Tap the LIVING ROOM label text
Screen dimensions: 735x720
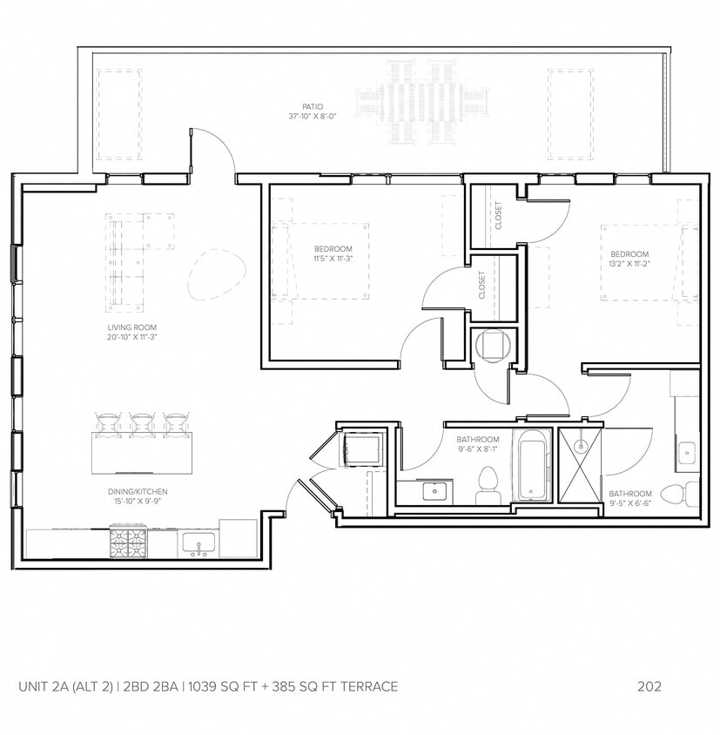point(131,327)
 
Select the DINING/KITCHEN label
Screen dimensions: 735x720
point(131,491)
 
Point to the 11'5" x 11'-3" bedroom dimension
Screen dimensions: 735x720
point(333,258)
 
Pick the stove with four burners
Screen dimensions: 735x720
point(128,543)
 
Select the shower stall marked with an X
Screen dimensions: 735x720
point(580,466)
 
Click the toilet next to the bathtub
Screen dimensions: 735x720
point(488,483)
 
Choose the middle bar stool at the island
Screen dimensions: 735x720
point(142,424)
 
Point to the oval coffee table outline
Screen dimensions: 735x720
point(212,275)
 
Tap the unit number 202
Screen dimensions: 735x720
point(649,686)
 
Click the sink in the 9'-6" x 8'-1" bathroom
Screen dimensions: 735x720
point(433,492)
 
